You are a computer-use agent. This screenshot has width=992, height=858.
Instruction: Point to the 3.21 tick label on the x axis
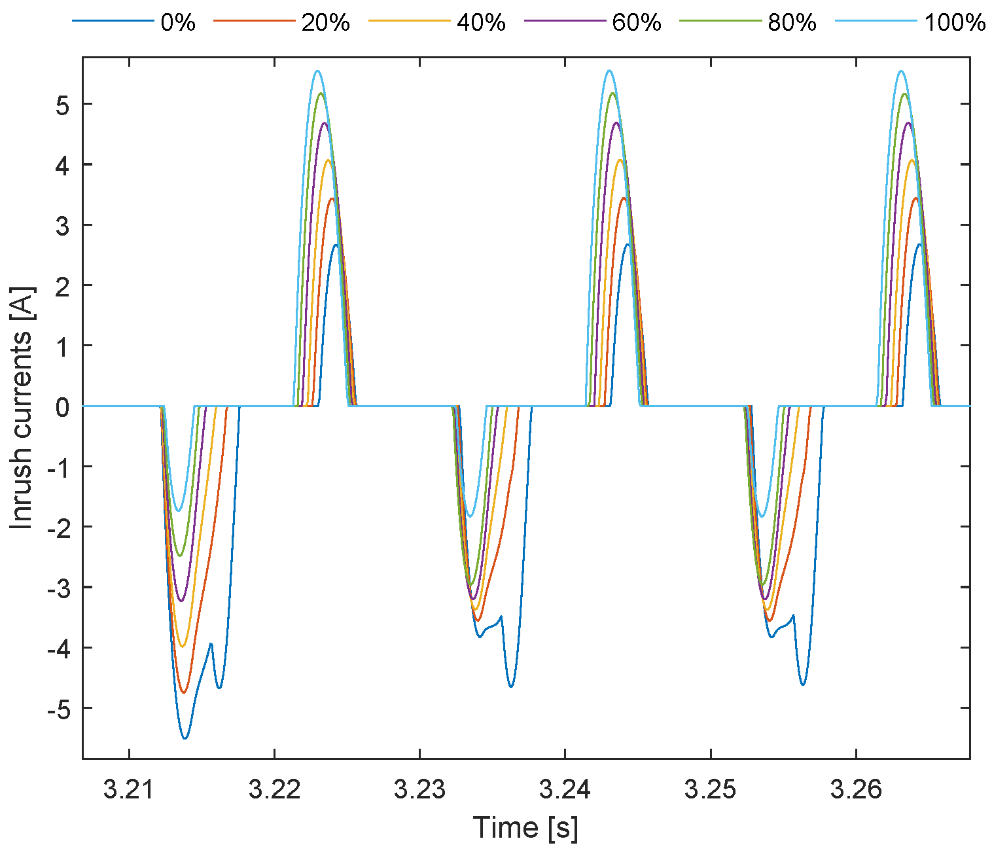(129, 790)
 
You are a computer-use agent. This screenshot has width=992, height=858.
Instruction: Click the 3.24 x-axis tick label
(565, 790)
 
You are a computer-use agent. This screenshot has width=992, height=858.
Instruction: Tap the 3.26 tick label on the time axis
(856, 790)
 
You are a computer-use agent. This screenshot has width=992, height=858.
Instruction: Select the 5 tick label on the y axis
(63, 105)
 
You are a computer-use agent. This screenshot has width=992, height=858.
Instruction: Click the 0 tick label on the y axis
(63, 406)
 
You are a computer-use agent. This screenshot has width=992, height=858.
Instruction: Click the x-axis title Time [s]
(525, 828)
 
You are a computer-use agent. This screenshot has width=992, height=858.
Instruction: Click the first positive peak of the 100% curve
(317, 71)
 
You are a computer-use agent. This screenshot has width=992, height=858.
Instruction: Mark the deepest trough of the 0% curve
(185, 739)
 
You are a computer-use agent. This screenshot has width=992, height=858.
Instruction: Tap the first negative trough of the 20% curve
(184, 692)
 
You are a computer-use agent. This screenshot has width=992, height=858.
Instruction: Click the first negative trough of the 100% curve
(179, 511)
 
